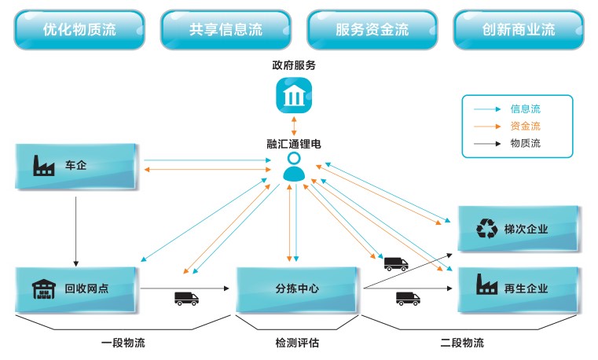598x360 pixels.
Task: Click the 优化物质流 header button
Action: click(x=79, y=30)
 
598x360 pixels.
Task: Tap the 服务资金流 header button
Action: click(x=372, y=30)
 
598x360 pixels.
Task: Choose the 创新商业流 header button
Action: click(x=518, y=30)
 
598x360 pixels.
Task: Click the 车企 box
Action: click(x=76, y=166)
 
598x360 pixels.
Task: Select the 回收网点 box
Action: click(x=76, y=288)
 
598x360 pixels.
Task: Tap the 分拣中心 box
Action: click(x=297, y=288)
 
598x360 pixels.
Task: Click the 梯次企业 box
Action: click(x=519, y=229)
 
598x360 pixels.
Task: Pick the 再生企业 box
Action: click(x=519, y=288)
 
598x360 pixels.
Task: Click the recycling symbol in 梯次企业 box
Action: click(x=486, y=229)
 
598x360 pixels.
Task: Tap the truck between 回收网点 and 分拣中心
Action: click(x=186, y=299)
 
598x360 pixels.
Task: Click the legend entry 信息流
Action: click(x=525, y=109)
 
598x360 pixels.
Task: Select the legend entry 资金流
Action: click(x=525, y=126)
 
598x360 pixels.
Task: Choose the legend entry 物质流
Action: click(x=525, y=143)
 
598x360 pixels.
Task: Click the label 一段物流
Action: click(x=123, y=343)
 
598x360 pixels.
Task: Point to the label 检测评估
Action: click(x=297, y=343)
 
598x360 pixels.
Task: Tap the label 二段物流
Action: click(x=462, y=343)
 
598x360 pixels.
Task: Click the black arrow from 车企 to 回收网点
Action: click(x=76, y=228)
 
